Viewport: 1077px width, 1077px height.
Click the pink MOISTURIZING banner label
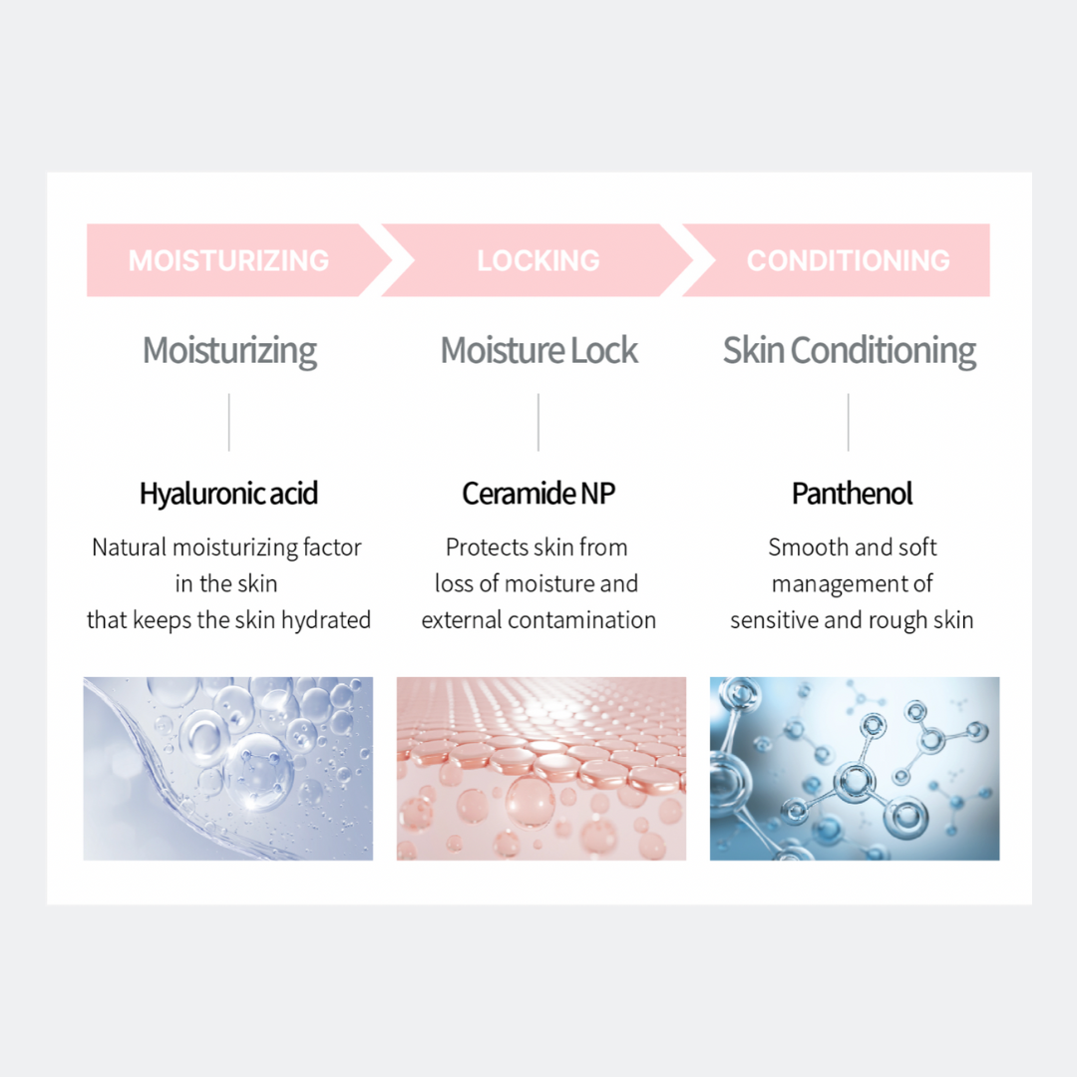228,261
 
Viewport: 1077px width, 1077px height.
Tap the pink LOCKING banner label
538,261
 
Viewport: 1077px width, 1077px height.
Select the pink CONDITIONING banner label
848,261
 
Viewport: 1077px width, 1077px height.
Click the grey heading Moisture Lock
538,351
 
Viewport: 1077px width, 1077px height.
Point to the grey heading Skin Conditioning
850,351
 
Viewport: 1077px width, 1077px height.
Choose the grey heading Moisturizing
229,351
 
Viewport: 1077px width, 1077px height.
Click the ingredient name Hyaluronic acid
228,494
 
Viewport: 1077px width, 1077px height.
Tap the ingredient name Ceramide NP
538,494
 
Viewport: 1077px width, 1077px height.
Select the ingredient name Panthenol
852,494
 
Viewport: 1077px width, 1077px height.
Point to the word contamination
595,620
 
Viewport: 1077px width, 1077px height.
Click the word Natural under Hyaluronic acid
129,547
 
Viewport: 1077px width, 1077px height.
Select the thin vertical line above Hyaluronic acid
229,422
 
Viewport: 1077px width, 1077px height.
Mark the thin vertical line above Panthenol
849,422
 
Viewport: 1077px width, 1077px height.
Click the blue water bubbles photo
228,769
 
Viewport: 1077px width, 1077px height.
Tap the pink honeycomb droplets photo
541,769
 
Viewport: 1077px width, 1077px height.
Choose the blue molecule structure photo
855,769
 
